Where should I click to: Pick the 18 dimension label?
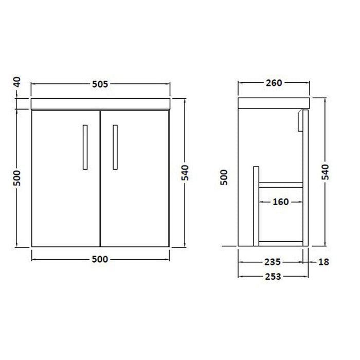tap(323, 261)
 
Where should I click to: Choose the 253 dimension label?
tap(273, 277)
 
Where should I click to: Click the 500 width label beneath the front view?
tap(100, 259)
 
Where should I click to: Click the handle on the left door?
tap(84, 146)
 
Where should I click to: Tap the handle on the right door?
tap(116, 146)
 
